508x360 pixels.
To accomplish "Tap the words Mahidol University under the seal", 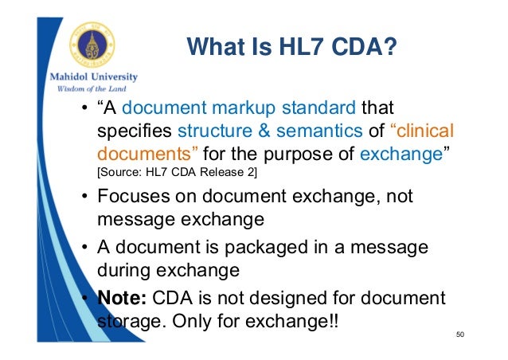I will [x=89, y=77].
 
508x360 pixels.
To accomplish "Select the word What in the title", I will [x=213, y=49].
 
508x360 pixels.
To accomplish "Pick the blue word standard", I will [x=316, y=108].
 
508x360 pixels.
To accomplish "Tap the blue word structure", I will [x=213, y=130].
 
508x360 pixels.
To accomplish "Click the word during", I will [x=123, y=270].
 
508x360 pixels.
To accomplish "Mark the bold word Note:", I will [x=122, y=299].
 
